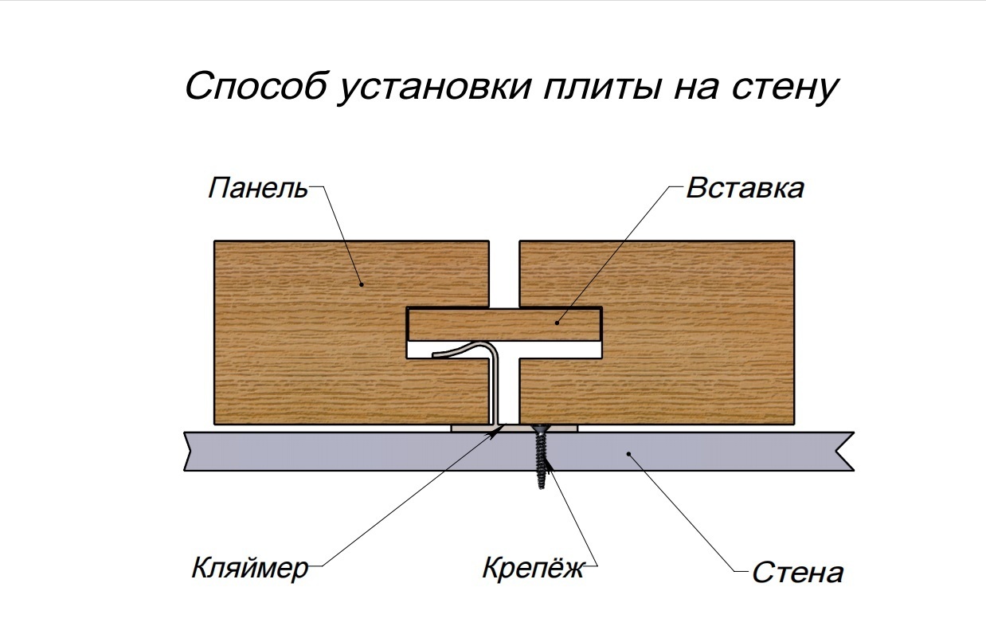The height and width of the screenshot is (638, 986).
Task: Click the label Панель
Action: pos(256,190)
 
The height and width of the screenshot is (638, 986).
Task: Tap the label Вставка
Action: pos(744,189)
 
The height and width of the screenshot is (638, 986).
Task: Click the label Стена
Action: pos(796,573)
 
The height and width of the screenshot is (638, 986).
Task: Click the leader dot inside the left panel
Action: pos(360,283)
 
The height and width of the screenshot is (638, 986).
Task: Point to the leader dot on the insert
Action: pos(557,322)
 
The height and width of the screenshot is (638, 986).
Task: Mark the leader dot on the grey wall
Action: pos(629,454)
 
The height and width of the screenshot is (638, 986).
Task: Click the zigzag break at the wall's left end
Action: pos(188,451)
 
